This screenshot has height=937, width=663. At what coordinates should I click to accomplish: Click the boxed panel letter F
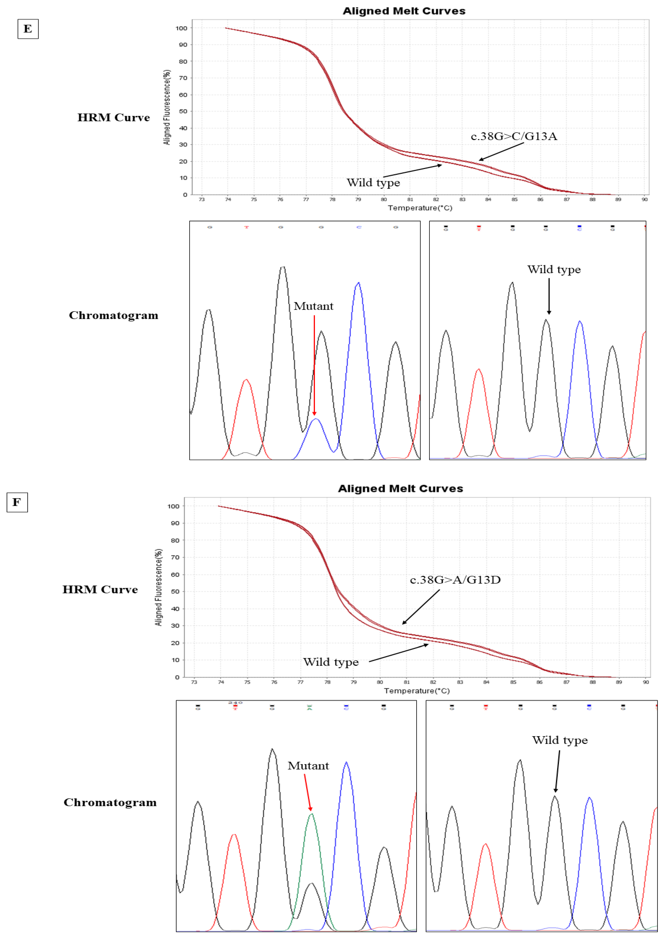[x=17, y=502]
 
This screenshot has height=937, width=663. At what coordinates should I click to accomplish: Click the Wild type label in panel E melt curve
[x=373, y=183]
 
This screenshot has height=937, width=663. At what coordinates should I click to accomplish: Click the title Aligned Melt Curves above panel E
[x=404, y=11]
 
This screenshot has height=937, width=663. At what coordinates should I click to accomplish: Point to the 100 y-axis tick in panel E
[x=181, y=28]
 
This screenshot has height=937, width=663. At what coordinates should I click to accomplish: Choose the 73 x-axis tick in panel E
[x=202, y=199]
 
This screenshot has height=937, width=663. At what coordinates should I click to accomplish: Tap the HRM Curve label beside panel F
[x=100, y=589]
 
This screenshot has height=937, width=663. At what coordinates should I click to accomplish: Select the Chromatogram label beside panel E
[x=113, y=315]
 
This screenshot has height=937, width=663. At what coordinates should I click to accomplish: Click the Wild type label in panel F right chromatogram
[x=560, y=740]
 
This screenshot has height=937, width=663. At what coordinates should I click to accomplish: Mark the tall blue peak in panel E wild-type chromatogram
[x=580, y=368]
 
